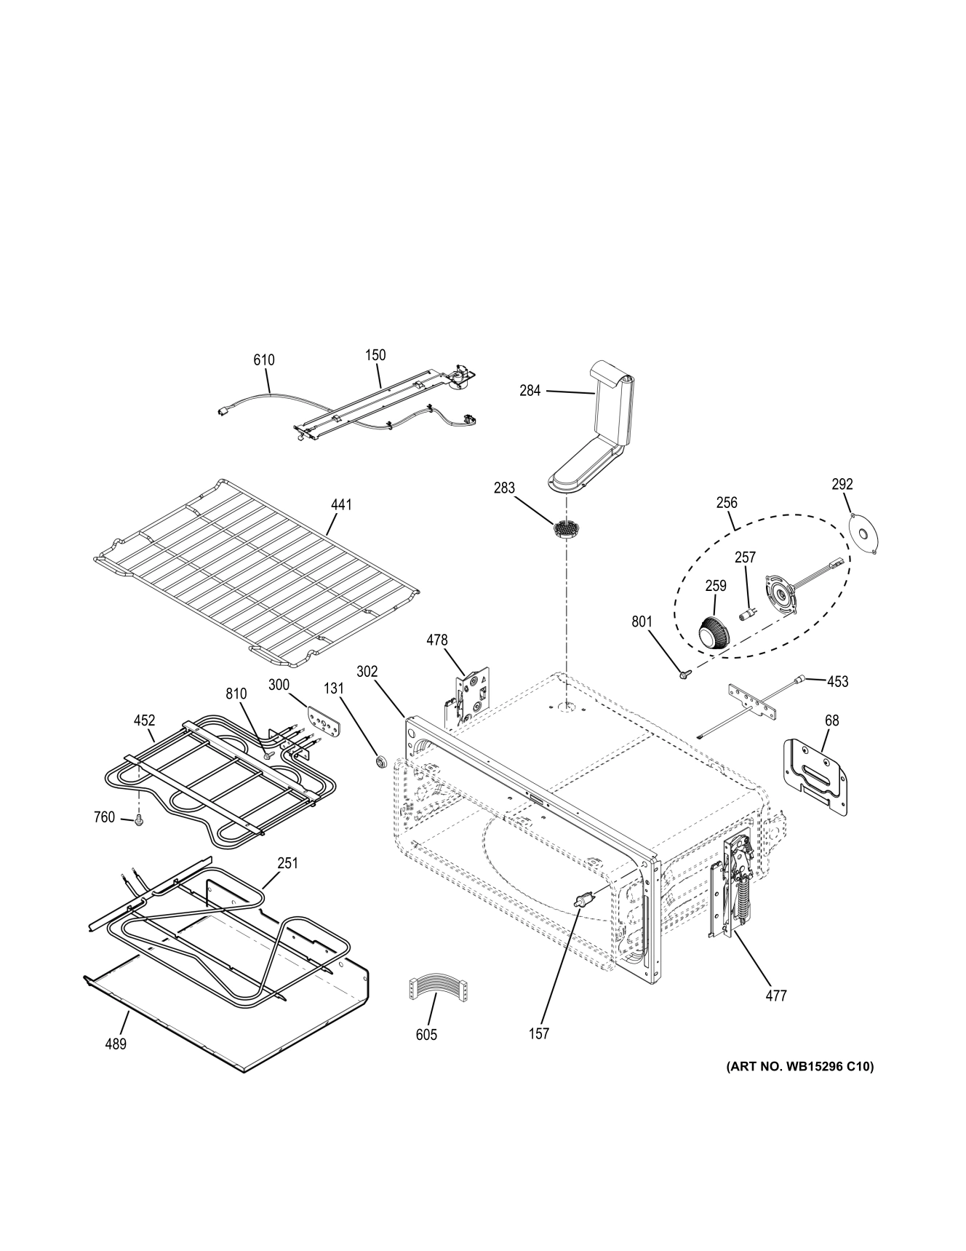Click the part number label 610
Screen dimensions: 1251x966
[x=264, y=360]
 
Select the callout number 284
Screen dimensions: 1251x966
[x=530, y=391]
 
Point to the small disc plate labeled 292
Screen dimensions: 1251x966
[x=866, y=535]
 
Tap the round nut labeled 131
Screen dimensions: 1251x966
[x=379, y=762]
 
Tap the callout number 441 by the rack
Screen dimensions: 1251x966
[x=341, y=504]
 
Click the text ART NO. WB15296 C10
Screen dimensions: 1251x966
[x=800, y=1067]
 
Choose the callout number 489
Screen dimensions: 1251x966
[x=115, y=1044]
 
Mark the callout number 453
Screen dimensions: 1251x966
[x=838, y=681]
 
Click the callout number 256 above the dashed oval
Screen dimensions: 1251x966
[x=726, y=502]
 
